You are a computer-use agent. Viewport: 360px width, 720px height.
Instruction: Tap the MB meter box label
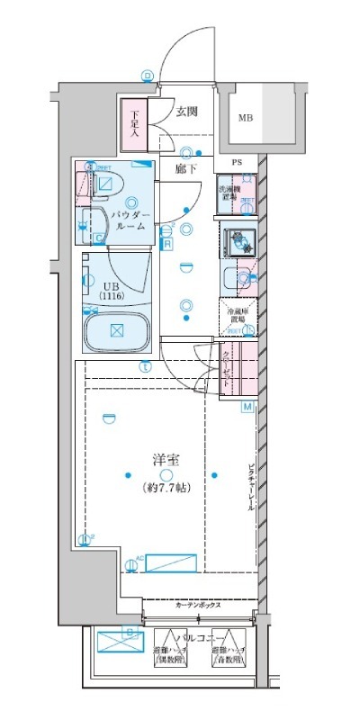click(245, 117)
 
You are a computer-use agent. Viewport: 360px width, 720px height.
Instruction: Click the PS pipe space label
click(238, 163)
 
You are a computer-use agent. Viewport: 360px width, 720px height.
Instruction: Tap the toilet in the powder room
click(103, 183)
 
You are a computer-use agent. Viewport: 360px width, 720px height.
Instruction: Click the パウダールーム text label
click(132, 221)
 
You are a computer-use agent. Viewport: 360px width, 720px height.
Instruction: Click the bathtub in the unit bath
click(117, 330)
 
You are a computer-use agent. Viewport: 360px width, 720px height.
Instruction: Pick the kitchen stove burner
click(239, 240)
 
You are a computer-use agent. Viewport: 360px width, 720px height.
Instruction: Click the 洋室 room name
click(166, 459)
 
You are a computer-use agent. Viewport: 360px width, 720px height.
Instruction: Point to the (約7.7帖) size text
click(166, 488)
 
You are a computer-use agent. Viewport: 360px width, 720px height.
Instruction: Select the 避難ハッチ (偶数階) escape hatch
click(171, 644)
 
